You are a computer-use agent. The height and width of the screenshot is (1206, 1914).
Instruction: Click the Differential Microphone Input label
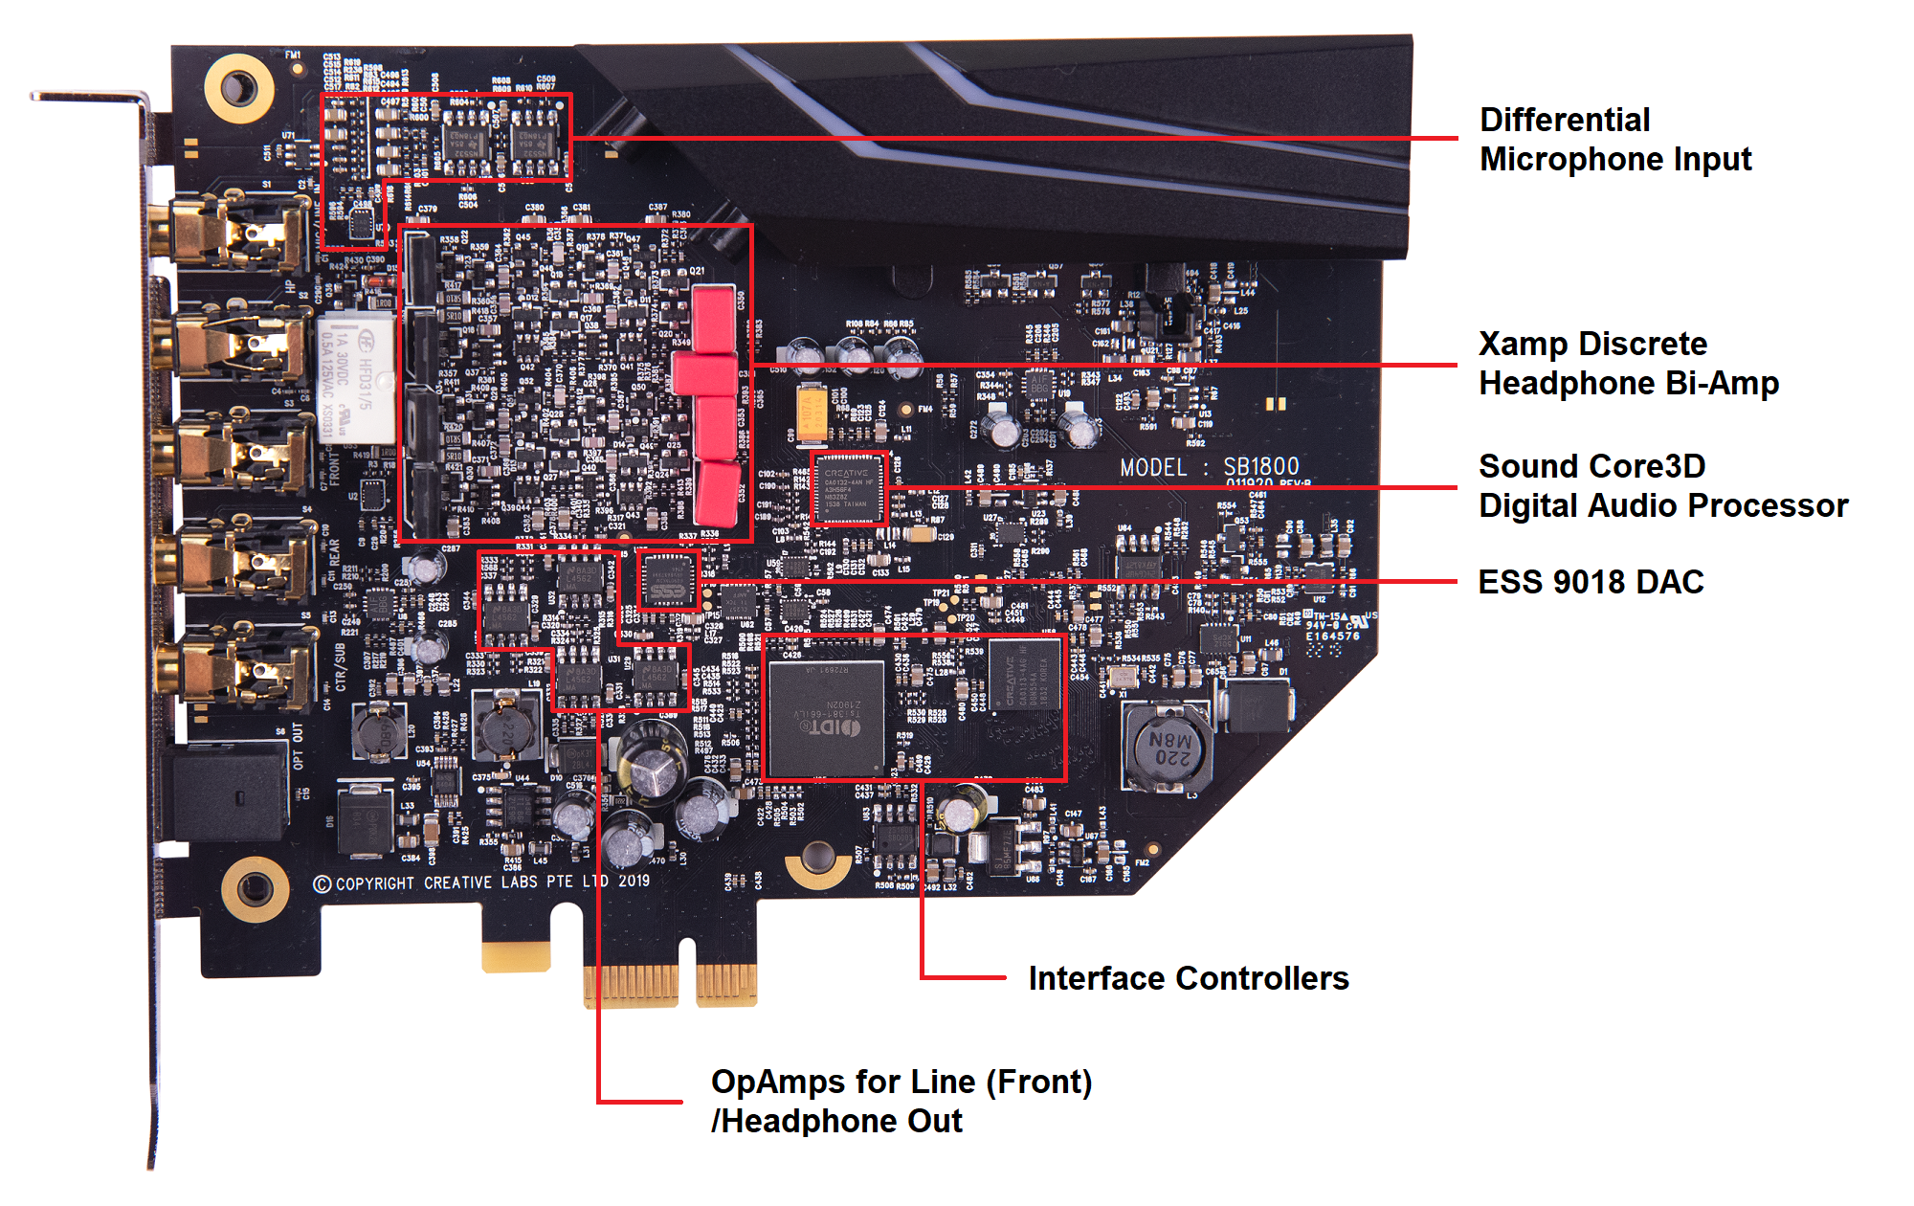tap(1615, 140)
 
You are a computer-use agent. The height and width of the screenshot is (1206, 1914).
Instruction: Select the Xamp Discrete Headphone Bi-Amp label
tap(1628, 364)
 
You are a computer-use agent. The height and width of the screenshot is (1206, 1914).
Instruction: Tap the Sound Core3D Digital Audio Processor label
tap(1662, 486)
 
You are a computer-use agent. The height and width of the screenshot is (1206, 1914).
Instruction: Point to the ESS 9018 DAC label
tap(1591, 582)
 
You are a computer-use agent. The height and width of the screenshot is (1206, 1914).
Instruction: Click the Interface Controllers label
tap(1188, 978)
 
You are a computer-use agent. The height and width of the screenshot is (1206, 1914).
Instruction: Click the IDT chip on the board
tap(826, 719)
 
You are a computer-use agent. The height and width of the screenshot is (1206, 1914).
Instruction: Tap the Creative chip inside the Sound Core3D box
tap(848, 489)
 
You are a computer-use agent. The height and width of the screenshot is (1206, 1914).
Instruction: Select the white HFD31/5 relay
tap(356, 378)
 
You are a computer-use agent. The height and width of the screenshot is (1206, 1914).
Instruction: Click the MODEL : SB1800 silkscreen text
tap(1210, 467)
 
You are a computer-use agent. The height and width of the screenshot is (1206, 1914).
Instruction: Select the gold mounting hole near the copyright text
tap(255, 889)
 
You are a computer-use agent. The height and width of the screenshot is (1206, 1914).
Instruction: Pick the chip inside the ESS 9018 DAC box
tap(668, 579)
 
